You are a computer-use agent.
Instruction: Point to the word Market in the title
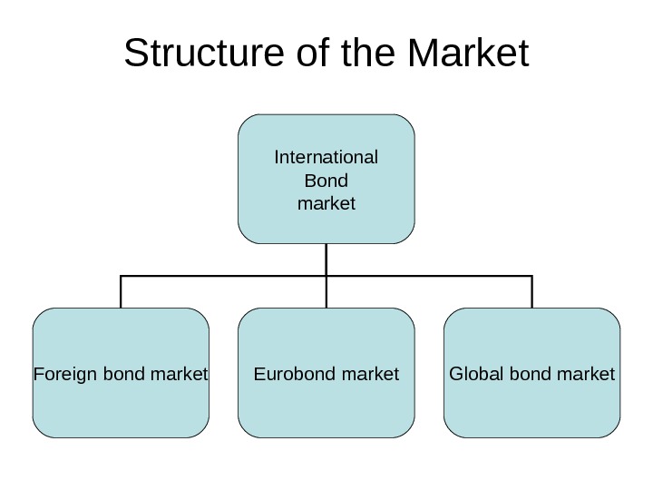tap(469, 54)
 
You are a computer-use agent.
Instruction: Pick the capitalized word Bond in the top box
tap(326, 180)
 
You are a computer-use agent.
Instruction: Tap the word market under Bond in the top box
tap(326, 202)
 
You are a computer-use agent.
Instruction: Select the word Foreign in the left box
tap(61, 374)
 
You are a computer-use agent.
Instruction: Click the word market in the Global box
tap(584, 374)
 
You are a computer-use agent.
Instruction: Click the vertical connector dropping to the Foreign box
tap(121, 291)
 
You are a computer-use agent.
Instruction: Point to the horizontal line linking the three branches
tap(227, 275)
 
